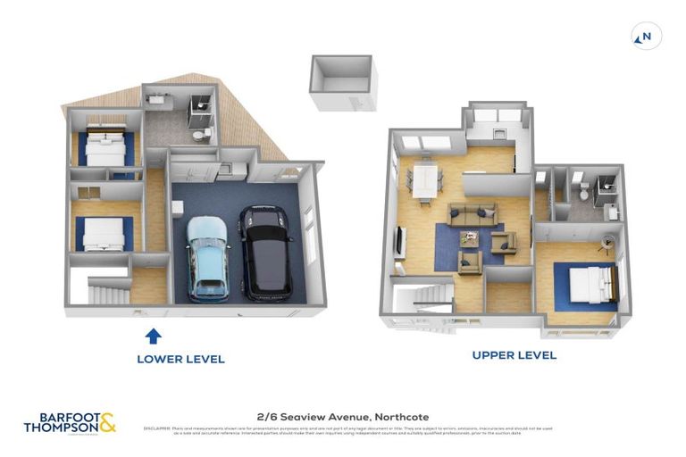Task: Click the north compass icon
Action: click(646, 37)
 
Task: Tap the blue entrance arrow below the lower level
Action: click(154, 336)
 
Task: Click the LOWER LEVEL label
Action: click(180, 359)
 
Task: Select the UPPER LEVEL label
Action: click(514, 355)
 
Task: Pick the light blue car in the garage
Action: click(207, 258)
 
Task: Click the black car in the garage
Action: click(265, 253)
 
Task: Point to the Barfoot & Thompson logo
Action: click(70, 423)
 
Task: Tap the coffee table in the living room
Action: click(471, 238)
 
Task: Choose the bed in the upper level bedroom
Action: click(591, 284)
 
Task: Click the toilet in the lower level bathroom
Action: click(205, 134)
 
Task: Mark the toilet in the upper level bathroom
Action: click(583, 191)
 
